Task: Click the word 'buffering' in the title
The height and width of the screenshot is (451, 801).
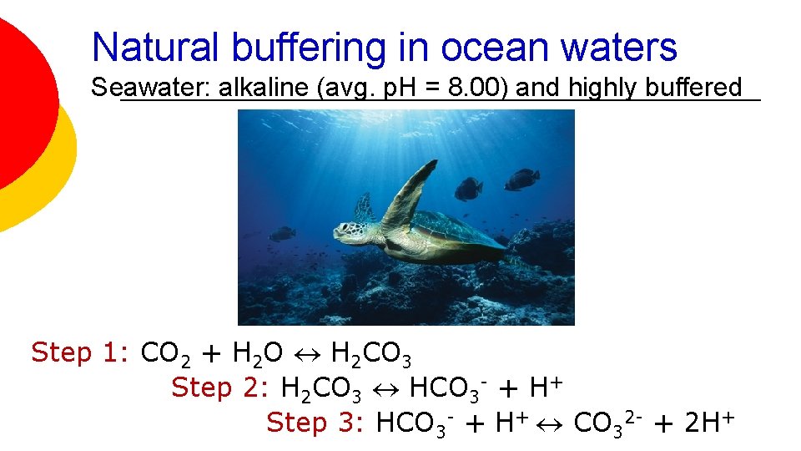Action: pos(308,48)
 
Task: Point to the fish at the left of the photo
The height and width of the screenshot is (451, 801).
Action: pos(283,233)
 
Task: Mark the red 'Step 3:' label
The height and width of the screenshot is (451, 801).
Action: pos(315,423)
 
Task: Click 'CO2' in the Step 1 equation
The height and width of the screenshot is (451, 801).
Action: pos(166,354)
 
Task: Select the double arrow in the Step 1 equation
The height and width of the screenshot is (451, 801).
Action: pos(308,354)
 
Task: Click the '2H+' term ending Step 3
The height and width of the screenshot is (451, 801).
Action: pos(708,423)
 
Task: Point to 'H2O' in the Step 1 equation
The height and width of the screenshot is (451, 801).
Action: pos(258,354)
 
